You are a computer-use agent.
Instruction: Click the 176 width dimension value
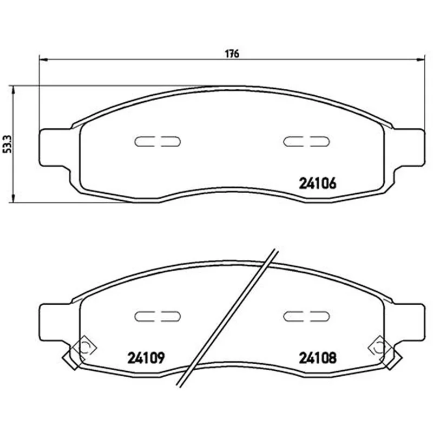[x=232, y=54]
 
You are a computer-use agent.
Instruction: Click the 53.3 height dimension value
[x=7, y=144]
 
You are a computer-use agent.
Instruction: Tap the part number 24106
[x=318, y=183]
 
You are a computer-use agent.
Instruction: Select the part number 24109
[x=146, y=358]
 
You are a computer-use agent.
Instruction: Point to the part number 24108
[x=318, y=358]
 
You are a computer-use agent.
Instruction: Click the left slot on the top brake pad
[x=158, y=141]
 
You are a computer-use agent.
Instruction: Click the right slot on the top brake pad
[x=306, y=141]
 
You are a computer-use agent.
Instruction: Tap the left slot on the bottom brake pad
[x=158, y=316]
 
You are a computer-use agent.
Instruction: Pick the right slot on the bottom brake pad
[x=306, y=316]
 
